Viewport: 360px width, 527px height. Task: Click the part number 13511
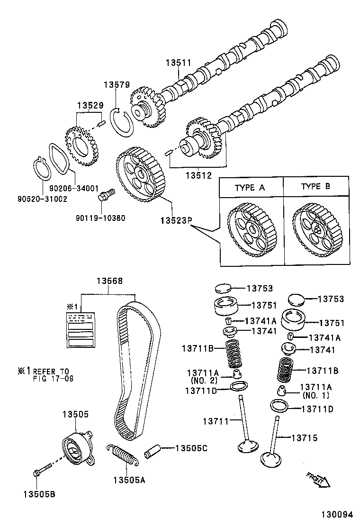[178, 62]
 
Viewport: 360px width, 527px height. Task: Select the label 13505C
[191, 448]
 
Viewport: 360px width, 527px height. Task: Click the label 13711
[216, 421]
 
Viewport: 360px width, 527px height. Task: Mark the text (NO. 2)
[203, 380]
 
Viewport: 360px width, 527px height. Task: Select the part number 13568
[109, 281]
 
